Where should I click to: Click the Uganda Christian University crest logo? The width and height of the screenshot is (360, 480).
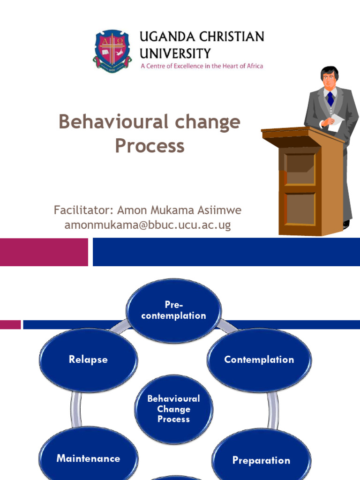pyautogui.click(x=112, y=51)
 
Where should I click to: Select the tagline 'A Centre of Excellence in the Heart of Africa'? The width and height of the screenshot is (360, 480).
pyautogui.click(x=202, y=66)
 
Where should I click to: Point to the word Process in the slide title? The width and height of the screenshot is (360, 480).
pyautogui.click(x=150, y=146)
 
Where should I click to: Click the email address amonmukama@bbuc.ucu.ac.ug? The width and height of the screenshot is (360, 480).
pyautogui.click(x=148, y=225)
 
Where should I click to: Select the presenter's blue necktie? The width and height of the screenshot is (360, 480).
pyautogui.click(x=330, y=98)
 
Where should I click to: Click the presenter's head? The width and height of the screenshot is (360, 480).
pyautogui.click(x=330, y=77)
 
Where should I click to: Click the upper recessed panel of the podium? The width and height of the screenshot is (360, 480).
pyautogui.click(x=300, y=169)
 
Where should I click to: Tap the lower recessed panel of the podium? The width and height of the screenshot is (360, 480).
pyautogui.click(x=300, y=208)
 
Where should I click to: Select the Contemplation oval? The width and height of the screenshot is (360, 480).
pyautogui.click(x=259, y=360)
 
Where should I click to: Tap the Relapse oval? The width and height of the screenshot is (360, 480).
pyautogui.click(x=88, y=360)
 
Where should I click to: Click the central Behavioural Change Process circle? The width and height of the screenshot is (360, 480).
pyautogui.click(x=173, y=409)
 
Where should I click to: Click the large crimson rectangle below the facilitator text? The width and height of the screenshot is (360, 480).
pyautogui.click(x=44, y=252)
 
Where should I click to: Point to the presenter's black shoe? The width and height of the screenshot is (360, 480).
pyautogui.click(x=346, y=224)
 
